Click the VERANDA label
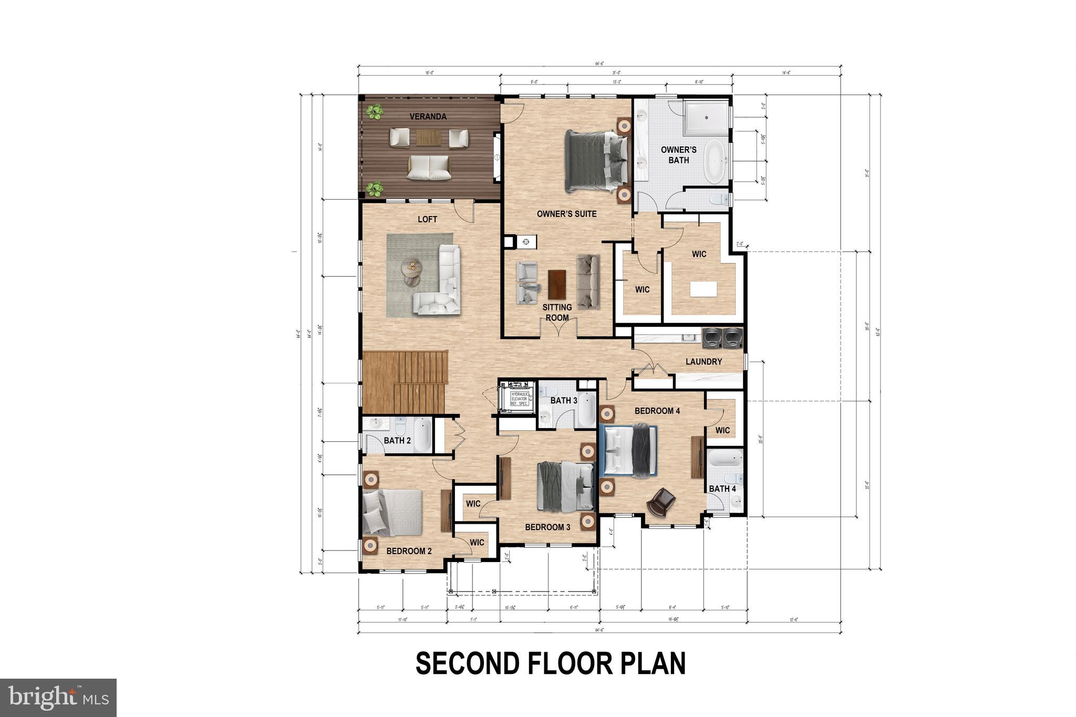point(428,117)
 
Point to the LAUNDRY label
point(703,361)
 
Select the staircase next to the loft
point(405,382)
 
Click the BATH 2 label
point(397,440)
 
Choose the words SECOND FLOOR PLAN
point(550,663)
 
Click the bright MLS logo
point(58,698)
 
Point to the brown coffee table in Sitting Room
point(557,284)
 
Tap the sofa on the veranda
point(429,168)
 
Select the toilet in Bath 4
point(733,479)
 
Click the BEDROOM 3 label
point(547,527)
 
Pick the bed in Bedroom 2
point(392,512)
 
